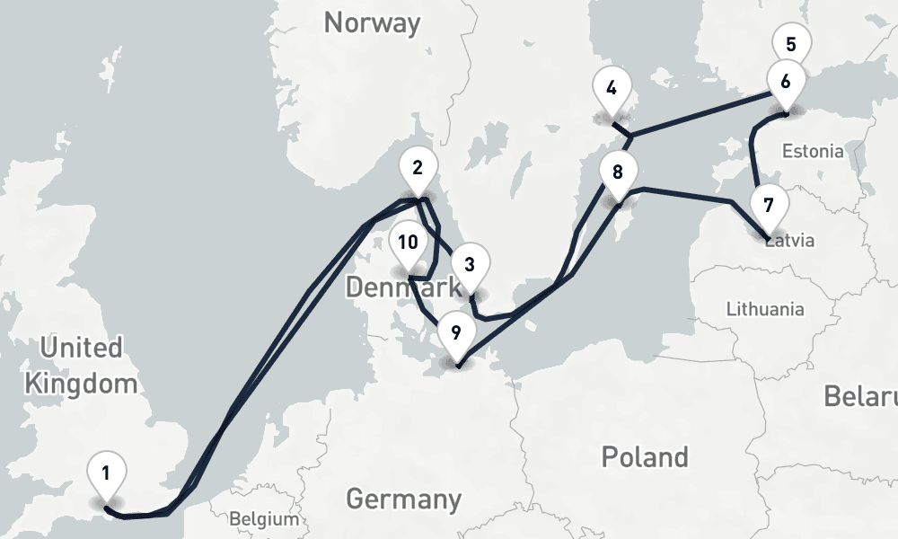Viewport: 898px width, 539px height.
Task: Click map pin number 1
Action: pyautogui.click(x=106, y=473)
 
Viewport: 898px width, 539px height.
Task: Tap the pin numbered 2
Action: pyautogui.click(x=417, y=168)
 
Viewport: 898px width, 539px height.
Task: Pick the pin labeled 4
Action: pyautogui.click(x=612, y=89)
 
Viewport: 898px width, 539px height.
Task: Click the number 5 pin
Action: pyautogui.click(x=790, y=45)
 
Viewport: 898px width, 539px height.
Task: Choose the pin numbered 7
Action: pyautogui.click(x=768, y=206)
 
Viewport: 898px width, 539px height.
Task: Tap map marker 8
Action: pyautogui.click(x=617, y=172)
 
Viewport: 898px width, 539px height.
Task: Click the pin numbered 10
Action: pyautogui.click(x=408, y=243)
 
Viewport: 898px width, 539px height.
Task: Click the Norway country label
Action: pyautogui.click(x=372, y=22)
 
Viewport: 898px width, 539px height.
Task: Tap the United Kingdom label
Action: pyautogui.click(x=81, y=366)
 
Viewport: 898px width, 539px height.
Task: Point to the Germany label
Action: pyautogui.click(x=403, y=498)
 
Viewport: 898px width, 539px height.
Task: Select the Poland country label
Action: pyautogui.click(x=645, y=456)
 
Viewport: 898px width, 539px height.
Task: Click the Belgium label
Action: pyautogui.click(x=263, y=519)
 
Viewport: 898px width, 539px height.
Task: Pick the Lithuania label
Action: pyautogui.click(x=764, y=309)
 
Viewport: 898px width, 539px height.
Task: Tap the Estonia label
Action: pyautogui.click(x=813, y=151)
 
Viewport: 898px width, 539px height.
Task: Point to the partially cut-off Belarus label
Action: pyautogui.click(x=861, y=397)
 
